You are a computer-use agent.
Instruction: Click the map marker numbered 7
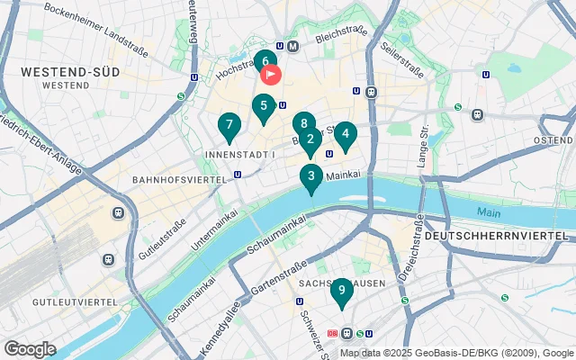[x=229, y=126]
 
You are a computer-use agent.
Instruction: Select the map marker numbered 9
[x=340, y=290]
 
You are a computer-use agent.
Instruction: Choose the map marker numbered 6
[x=264, y=63]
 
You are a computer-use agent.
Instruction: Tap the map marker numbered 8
[x=304, y=124]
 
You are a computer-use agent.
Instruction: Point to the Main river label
[x=489, y=213]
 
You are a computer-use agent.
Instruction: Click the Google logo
[x=30, y=349]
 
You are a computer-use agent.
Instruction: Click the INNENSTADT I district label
[x=241, y=156]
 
